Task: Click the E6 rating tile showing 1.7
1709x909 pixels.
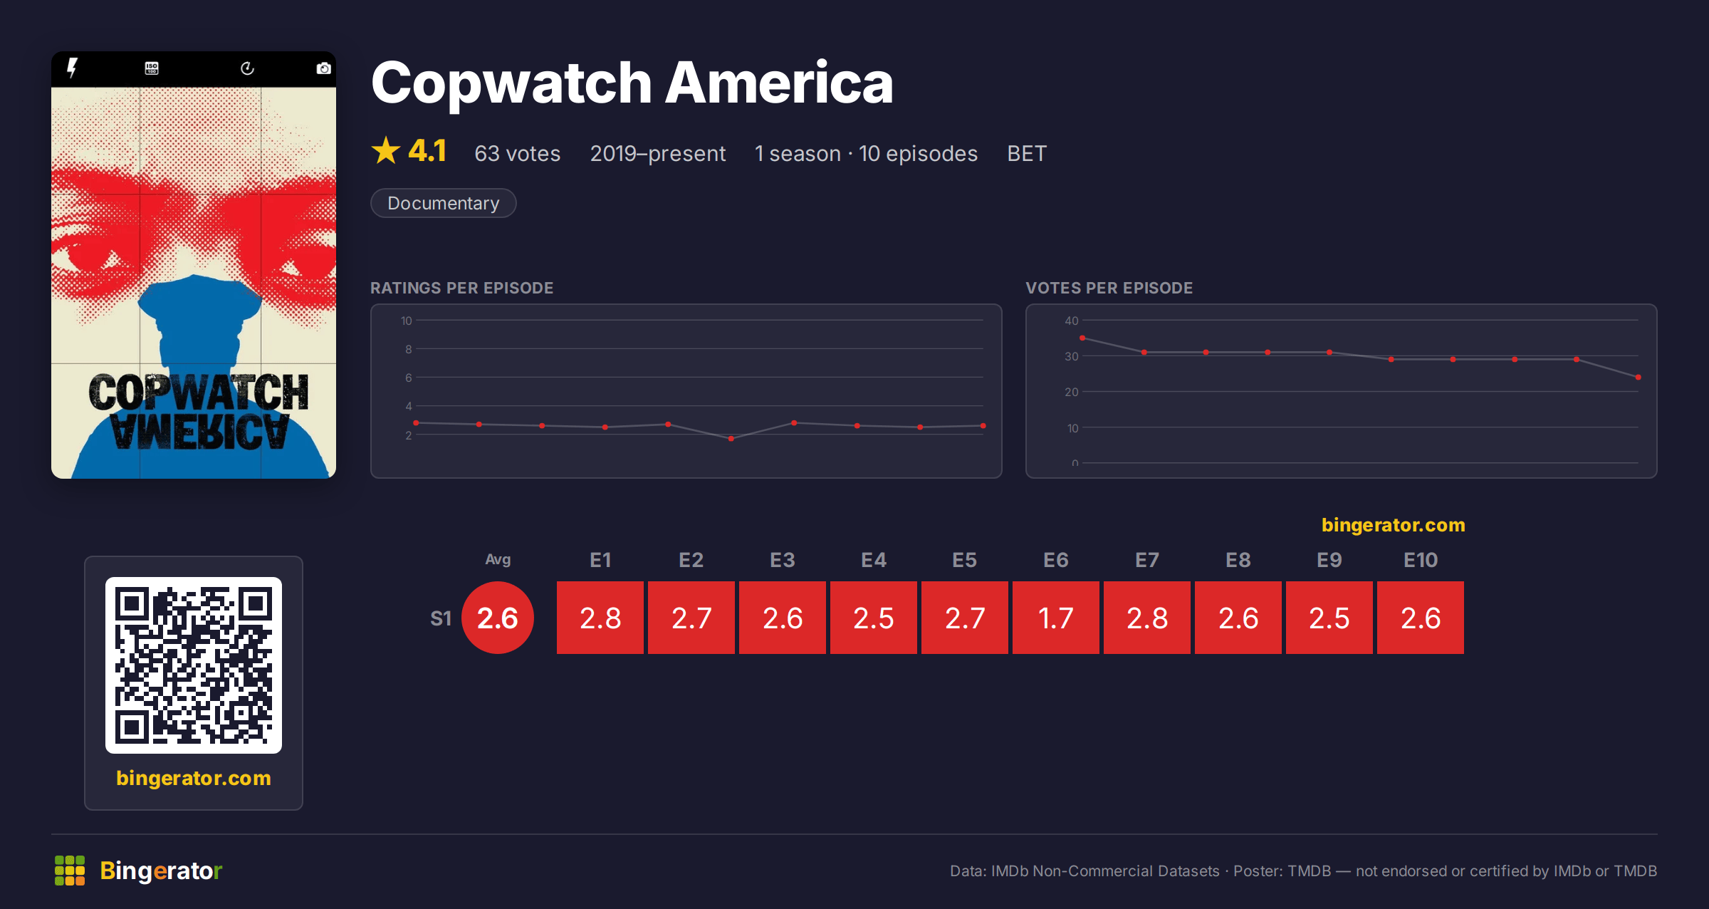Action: [1055, 618]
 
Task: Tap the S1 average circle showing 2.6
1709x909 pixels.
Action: [498, 618]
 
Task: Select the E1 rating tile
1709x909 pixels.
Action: [600, 618]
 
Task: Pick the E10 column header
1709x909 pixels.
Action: [1421, 560]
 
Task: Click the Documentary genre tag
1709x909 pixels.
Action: [443, 203]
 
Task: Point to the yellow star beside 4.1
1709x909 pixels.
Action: [386, 150]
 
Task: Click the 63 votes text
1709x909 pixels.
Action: [518, 153]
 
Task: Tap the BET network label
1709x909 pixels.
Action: [1027, 153]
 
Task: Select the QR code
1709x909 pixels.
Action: [194, 665]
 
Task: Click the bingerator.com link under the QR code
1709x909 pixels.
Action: [194, 778]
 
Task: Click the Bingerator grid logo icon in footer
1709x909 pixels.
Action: [70, 871]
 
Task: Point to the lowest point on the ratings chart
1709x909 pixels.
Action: [731, 439]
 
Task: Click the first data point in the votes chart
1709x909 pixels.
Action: [1082, 338]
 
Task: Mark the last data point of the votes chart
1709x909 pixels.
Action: [1639, 377]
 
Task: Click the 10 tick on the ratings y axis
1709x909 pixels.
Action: [406, 321]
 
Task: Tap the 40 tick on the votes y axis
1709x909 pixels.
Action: [1072, 321]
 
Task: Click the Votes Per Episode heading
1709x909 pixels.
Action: [1109, 288]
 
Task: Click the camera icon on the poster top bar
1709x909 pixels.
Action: [323, 68]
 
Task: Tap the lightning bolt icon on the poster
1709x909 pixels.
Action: [72, 68]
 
